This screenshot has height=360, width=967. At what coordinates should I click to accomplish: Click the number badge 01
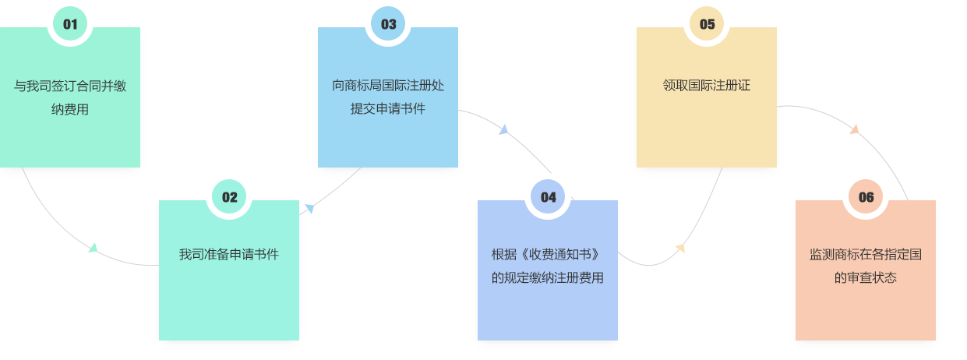(70, 24)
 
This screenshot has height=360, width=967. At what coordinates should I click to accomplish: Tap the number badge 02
(229, 197)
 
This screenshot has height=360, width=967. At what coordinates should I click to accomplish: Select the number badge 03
(388, 24)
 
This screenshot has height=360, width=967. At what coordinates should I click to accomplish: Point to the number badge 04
(548, 197)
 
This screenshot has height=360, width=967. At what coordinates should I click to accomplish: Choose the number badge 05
(707, 24)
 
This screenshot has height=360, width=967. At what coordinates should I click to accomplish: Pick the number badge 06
(866, 197)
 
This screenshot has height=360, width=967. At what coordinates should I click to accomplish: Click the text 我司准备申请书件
(229, 254)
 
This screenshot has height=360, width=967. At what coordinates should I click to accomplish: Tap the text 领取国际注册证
(707, 86)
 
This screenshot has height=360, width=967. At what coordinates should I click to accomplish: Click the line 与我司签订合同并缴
(70, 86)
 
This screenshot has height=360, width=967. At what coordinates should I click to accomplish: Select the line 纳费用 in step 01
(70, 109)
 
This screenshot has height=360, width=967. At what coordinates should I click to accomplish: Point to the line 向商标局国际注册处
(388, 86)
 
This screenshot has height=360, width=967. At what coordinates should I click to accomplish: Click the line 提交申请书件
(388, 109)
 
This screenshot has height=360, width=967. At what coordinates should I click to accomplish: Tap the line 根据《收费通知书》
(548, 254)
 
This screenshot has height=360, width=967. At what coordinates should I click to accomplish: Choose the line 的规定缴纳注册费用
(548, 277)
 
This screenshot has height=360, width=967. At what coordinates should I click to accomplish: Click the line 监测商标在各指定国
(866, 254)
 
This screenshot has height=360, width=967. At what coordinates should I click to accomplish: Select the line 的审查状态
(866, 277)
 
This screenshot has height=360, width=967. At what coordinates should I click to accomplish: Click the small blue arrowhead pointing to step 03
(309, 208)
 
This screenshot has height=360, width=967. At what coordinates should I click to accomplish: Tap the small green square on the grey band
(94, 247)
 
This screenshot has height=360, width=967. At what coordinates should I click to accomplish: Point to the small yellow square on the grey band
(680, 249)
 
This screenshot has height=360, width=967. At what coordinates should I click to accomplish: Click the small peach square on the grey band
(853, 129)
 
